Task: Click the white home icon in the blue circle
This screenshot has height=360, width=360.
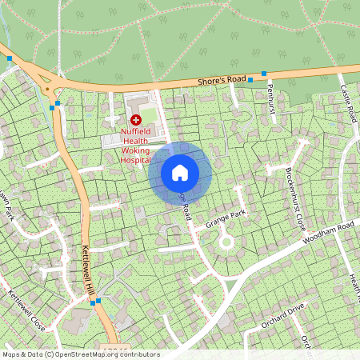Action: tap(180, 172)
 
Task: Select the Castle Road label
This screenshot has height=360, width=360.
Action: tap(349, 102)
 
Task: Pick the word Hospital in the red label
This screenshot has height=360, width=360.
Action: tap(135, 159)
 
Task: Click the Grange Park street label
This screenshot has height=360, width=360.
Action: tap(226, 217)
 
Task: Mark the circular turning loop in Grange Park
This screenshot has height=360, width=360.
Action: tap(226, 241)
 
